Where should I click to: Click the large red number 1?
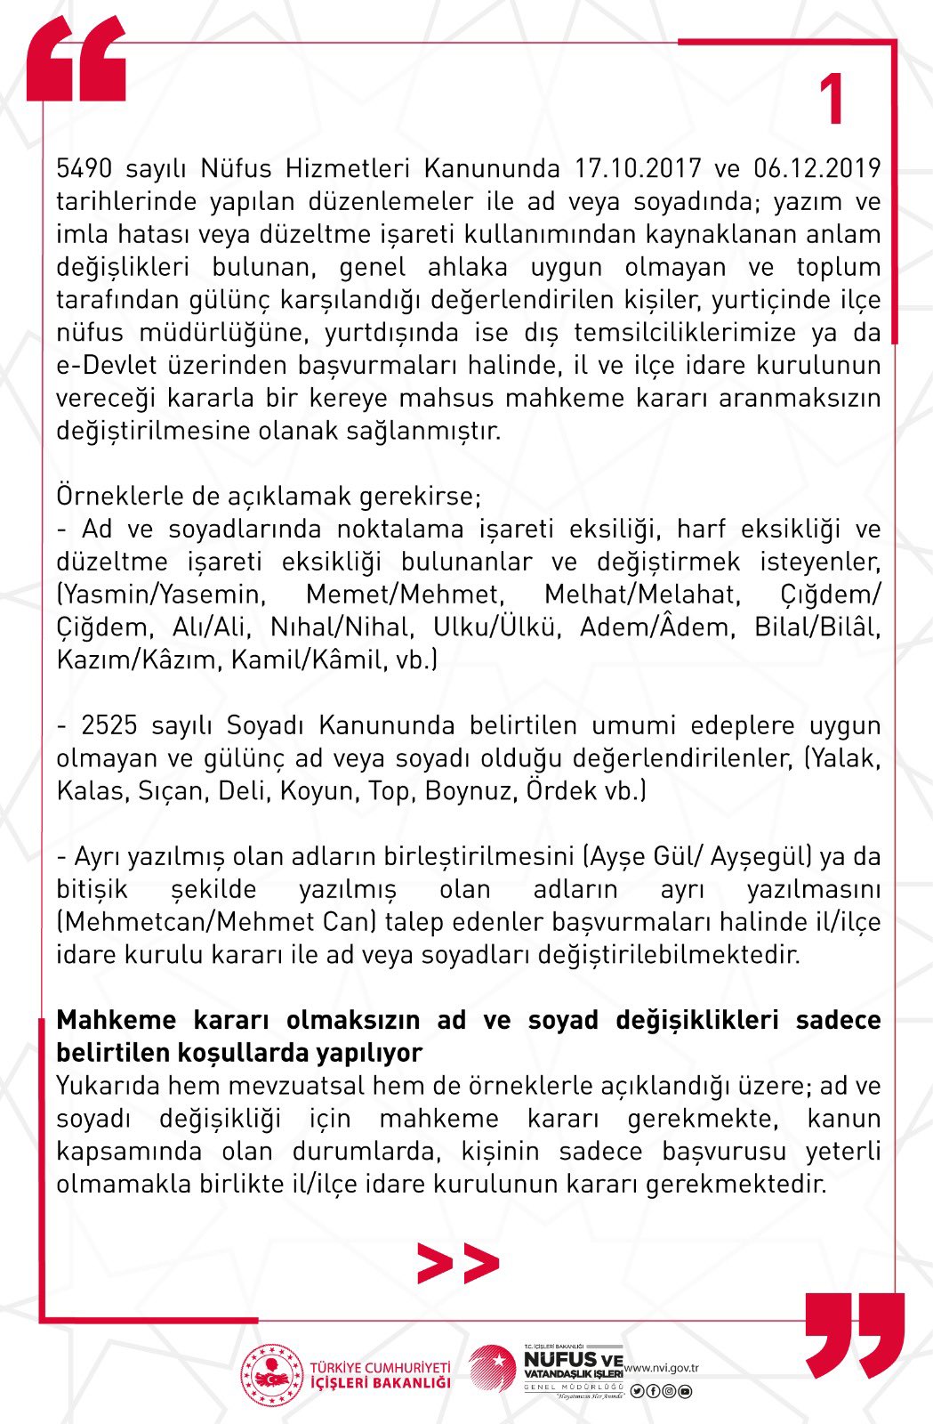832,100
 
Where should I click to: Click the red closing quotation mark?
854,1335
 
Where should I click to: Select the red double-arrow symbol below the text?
458,1263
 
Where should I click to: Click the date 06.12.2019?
816,168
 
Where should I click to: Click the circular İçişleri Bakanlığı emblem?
272,1375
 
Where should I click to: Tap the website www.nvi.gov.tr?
661,1368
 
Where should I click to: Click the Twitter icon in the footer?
637,1391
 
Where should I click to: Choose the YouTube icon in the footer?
684,1391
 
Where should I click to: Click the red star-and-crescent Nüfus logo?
493,1375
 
